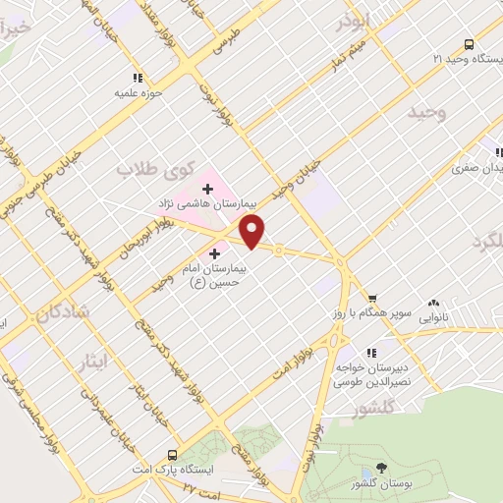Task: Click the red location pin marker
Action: (253, 232)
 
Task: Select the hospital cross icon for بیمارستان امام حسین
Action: (215, 253)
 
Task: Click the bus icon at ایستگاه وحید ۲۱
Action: (469, 44)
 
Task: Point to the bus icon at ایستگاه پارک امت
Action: (173, 455)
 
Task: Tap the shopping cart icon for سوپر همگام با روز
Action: (372, 299)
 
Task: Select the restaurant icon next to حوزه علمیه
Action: (137, 78)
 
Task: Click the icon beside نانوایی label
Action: (433, 304)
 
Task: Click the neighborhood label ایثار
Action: (97, 362)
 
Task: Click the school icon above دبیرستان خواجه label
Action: (371, 352)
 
